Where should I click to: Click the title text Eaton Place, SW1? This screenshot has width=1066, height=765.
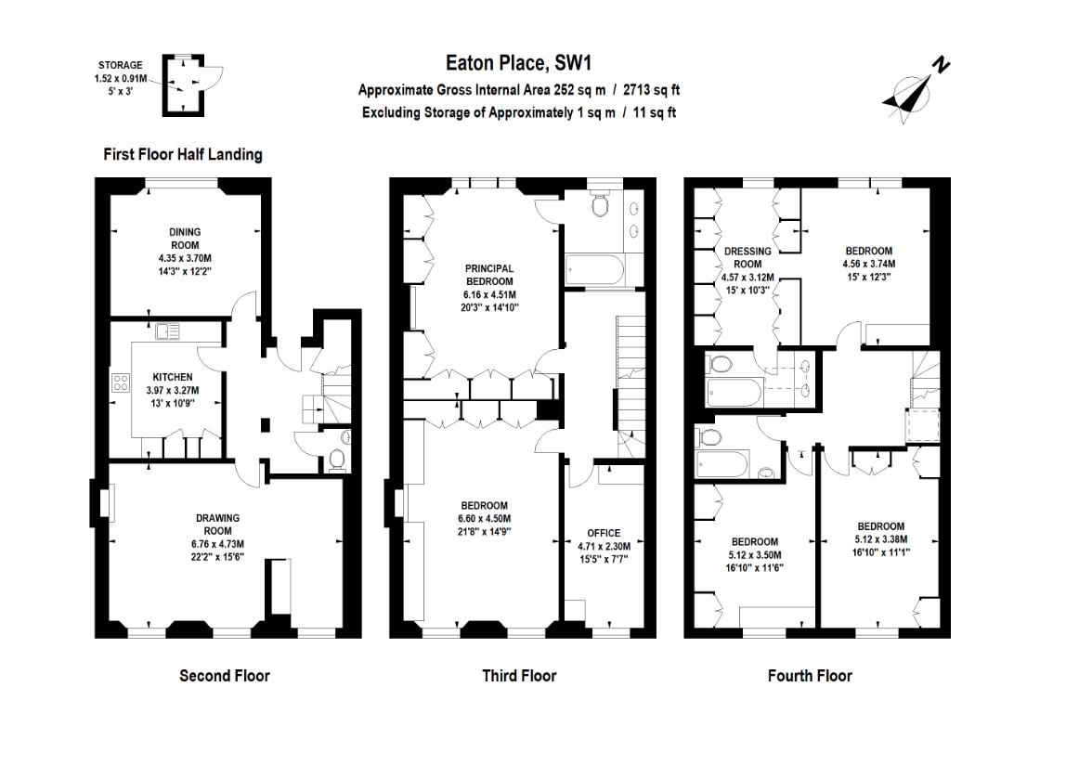[518, 63]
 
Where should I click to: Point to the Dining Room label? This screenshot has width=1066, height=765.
[184, 239]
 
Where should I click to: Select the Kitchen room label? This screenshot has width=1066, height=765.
[173, 377]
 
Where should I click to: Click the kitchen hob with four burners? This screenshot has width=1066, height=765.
[121, 383]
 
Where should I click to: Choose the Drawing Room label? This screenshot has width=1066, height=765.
[217, 525]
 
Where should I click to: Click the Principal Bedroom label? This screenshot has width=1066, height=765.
[489, 275]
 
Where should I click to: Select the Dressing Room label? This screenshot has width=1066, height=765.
[747, 257]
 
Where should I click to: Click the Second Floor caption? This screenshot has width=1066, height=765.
[224, 676]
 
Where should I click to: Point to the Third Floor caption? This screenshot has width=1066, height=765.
[519, 676]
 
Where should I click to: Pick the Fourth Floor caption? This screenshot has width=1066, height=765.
[810, 676]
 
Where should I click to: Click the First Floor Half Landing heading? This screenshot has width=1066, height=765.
[182, 155]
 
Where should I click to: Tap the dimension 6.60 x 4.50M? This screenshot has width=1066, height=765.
[484, 519]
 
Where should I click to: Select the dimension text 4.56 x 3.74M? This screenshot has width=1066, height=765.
[868, 264]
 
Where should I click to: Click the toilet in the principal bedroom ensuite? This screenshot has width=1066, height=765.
[600, 205]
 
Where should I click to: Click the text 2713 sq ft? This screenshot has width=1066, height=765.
[651, 90]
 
